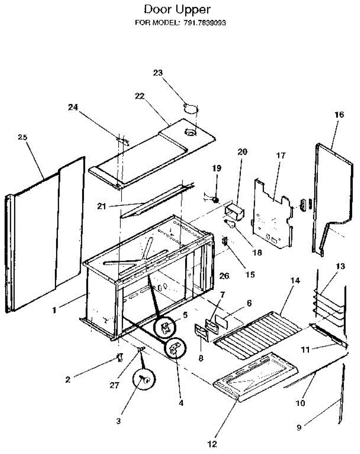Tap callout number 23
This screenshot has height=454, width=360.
point(157,73)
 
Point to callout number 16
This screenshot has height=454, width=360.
point(339,115)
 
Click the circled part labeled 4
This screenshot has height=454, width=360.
point(176,348)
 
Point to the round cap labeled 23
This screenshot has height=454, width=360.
point(191,109)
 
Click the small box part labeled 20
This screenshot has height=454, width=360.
point(234,212)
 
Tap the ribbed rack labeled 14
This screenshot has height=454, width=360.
point(257,333)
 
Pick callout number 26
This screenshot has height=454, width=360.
point(224,277)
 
